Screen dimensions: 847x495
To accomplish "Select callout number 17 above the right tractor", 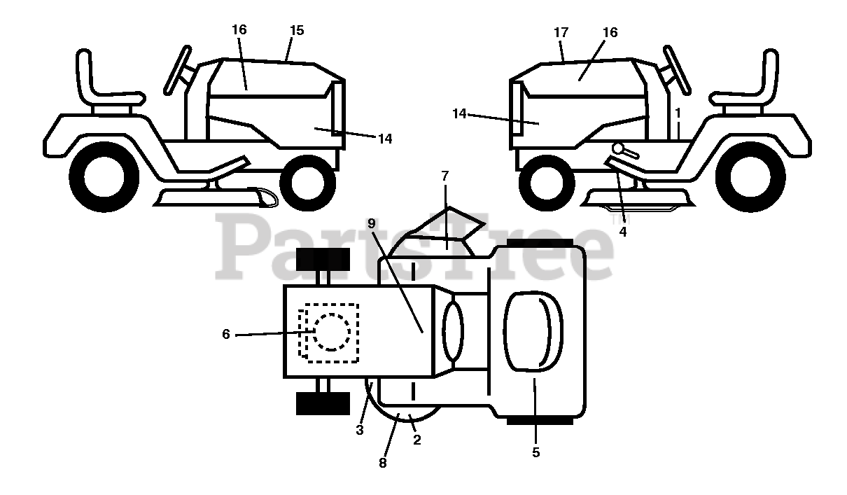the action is [561, 32].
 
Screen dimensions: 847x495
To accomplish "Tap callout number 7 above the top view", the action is [445, 175].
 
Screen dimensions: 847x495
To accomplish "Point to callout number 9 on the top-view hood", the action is [371, 223].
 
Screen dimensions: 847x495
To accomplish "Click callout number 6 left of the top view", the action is [225, 335].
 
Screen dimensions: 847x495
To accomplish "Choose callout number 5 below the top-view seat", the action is [535, 452].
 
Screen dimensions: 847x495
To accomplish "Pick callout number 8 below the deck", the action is [382, 463].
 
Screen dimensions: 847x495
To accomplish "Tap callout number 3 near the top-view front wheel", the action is [359, 431].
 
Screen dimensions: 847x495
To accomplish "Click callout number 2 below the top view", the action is [417, 440].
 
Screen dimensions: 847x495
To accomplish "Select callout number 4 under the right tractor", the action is [622, 230].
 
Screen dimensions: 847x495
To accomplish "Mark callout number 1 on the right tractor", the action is [678, 112].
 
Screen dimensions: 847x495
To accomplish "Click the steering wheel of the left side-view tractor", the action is [177, 70].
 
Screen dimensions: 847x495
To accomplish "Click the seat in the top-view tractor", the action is [533, 331].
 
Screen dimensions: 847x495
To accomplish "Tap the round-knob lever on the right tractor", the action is [619, 148].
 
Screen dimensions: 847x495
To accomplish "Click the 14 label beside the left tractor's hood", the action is [385, 139].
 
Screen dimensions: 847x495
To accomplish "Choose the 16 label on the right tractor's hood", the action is [610, 32].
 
